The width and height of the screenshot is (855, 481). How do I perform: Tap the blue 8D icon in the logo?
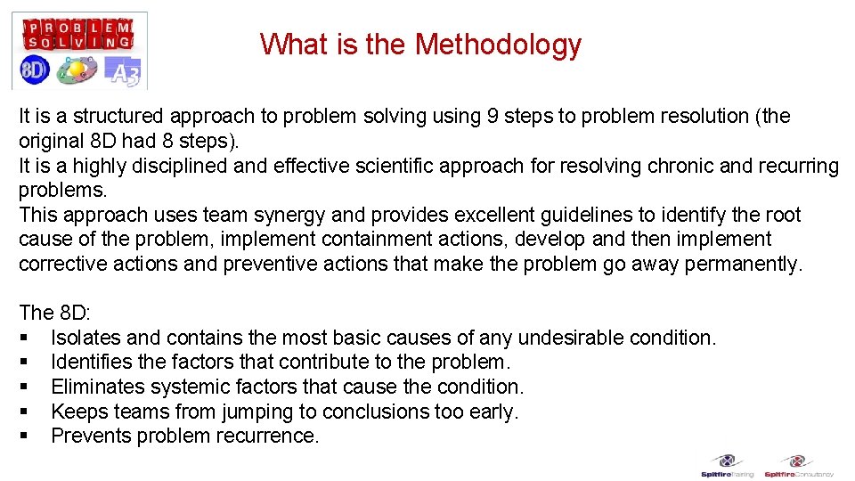(34, 70)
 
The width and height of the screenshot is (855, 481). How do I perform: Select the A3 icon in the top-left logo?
(123, 71)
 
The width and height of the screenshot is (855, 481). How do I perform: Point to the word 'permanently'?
(745, 265)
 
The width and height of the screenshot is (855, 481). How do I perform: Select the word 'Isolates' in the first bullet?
(85, 338)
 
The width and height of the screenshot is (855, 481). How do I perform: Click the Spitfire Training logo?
(728, 466)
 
